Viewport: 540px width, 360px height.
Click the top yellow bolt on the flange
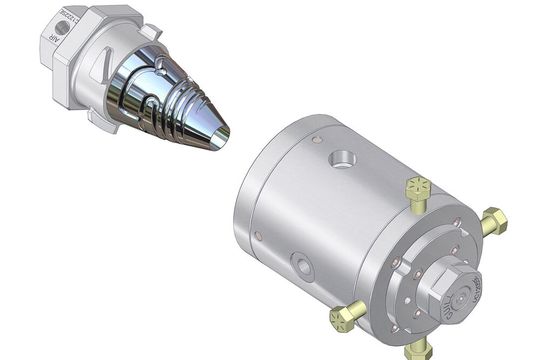[418, 190]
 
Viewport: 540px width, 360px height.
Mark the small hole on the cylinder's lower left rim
[257, 236]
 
